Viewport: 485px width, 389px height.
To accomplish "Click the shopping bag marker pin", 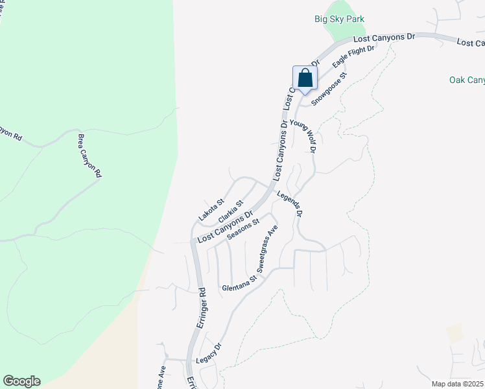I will coord(305,79).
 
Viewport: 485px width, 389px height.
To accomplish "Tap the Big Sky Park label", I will coord(338,19).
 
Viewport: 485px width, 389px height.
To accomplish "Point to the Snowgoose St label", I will coord(329,89).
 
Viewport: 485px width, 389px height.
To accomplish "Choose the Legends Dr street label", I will coord(290,204).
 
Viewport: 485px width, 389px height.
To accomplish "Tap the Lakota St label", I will coord(211,209).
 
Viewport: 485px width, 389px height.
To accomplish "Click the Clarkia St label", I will coord(231,211).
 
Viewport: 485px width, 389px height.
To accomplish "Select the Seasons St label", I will coord(243,228).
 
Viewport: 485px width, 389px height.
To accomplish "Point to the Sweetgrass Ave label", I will coord(266,248).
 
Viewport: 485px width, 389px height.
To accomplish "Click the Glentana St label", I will coord(239,283).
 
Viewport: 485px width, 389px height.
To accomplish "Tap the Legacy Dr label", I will coord(209,355).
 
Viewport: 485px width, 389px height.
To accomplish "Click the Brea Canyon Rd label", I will coord(89,156).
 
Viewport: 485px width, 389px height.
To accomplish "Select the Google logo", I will coord(21,381).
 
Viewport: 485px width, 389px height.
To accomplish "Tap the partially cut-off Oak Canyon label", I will coord(467,80).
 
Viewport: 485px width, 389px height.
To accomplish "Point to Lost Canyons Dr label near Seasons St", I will coord(224,228).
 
